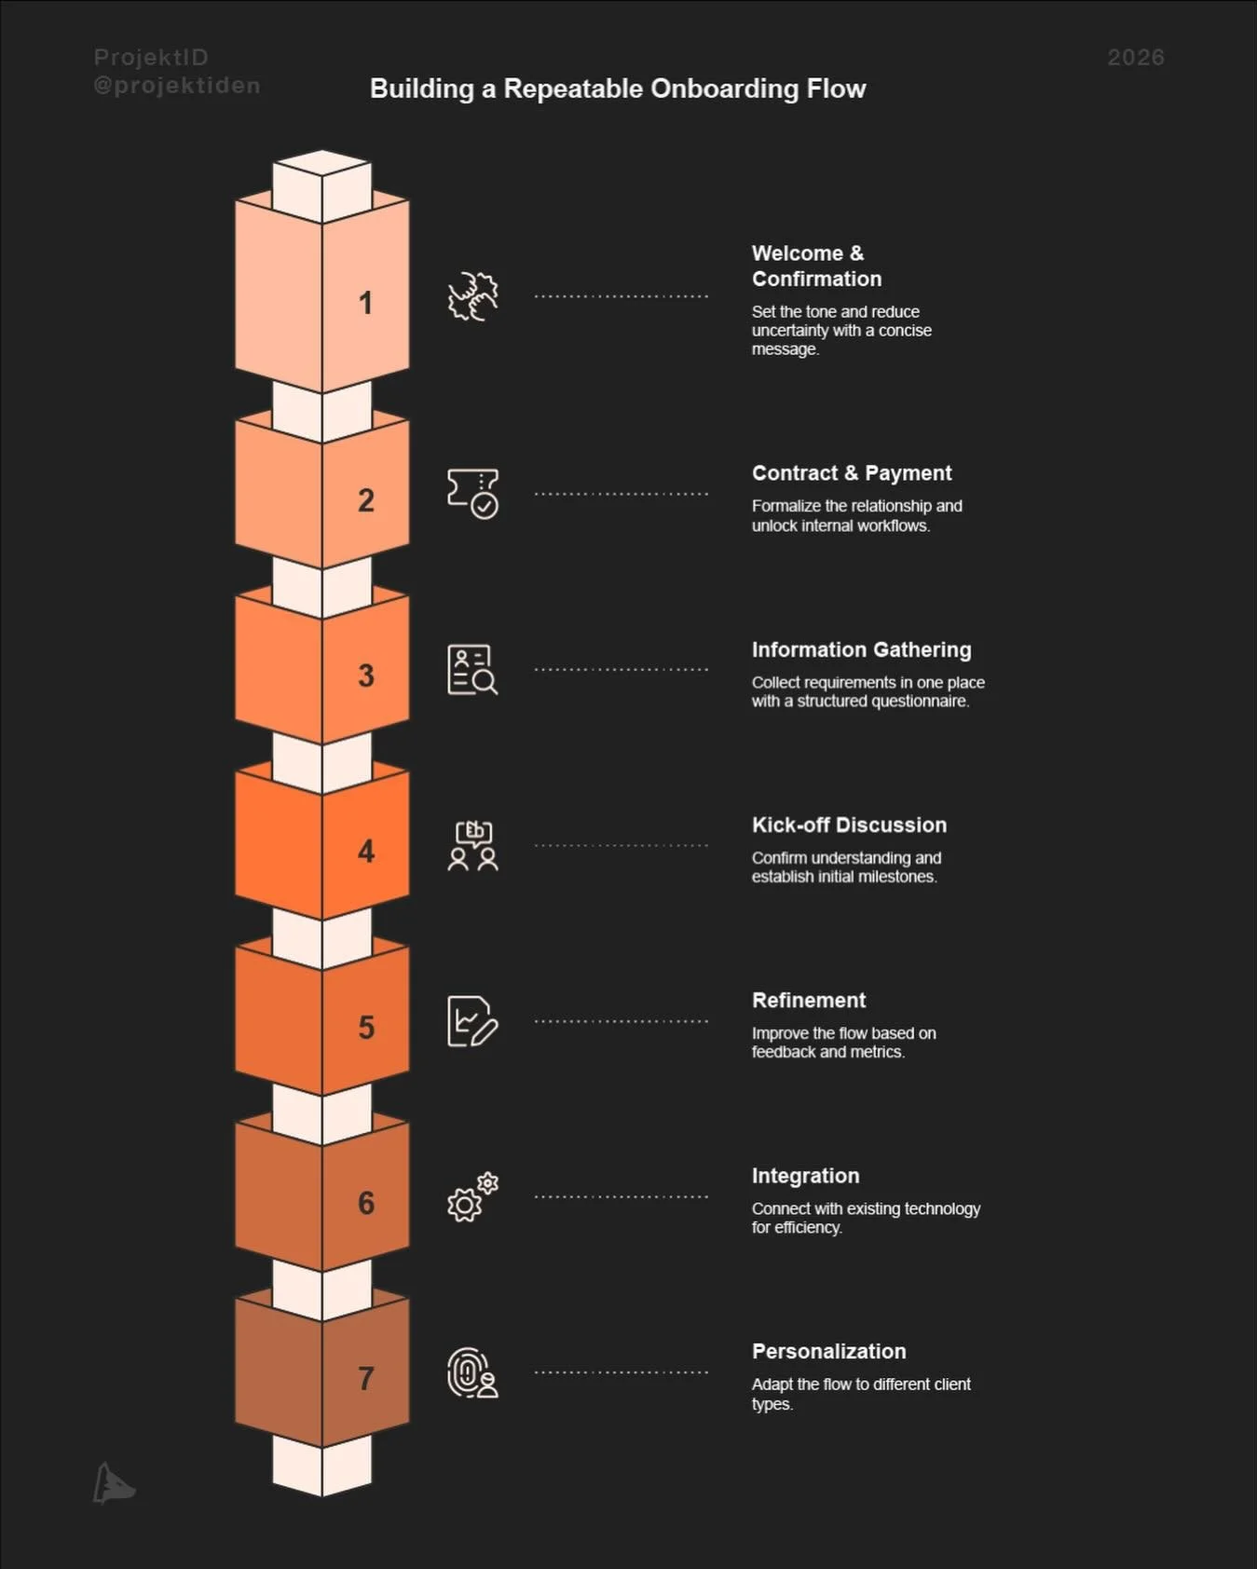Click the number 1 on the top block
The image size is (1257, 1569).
point(365,303)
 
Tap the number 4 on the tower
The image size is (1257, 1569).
point(366,851)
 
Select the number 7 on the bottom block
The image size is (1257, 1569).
point(366,1378)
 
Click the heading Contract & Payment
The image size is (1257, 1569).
point(852,473)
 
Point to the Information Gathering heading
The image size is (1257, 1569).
point(861,649)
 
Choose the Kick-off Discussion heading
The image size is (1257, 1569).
point(849,825)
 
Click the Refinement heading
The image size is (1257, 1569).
point(809,1000)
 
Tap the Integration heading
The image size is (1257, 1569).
point(805,1176)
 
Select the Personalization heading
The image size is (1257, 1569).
point(828,1351)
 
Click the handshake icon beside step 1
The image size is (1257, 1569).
point(473,297)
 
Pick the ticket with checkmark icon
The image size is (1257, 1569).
point(473,493)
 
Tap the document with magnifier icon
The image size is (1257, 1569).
point(472,669)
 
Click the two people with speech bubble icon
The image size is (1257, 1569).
point(473,845)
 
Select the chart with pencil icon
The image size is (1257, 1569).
point(472,1021)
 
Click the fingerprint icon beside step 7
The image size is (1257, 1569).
point(472,1372)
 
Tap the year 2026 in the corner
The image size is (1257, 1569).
point(1135,58)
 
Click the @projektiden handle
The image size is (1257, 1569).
point(177,86)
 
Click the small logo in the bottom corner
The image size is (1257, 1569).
point(114,1483)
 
